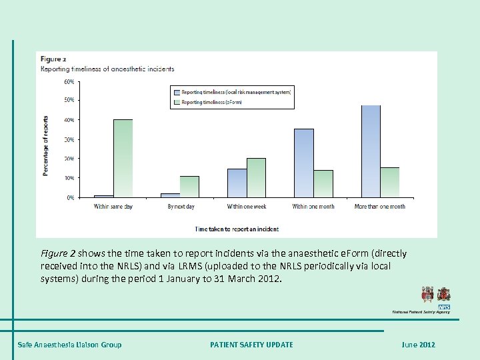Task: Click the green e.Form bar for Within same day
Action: coord(123,159)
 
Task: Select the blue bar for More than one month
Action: coord(371,151)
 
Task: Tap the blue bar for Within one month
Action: coord(304,163)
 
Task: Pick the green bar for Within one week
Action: coord(257,178)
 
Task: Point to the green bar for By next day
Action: coord(190,187)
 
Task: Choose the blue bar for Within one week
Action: coord(237,183)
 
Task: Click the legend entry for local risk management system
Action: coord(231,91)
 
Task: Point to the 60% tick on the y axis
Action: coord(69,82)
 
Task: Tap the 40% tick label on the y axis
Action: coord(69,120)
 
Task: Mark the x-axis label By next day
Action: coord(181,207)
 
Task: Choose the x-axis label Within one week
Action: coord(247,207)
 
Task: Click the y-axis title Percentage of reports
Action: coord(46,143)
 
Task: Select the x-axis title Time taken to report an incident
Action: coord(237,229)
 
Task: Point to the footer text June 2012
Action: coord(418,345)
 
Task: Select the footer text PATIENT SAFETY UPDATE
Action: coord(251,345)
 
